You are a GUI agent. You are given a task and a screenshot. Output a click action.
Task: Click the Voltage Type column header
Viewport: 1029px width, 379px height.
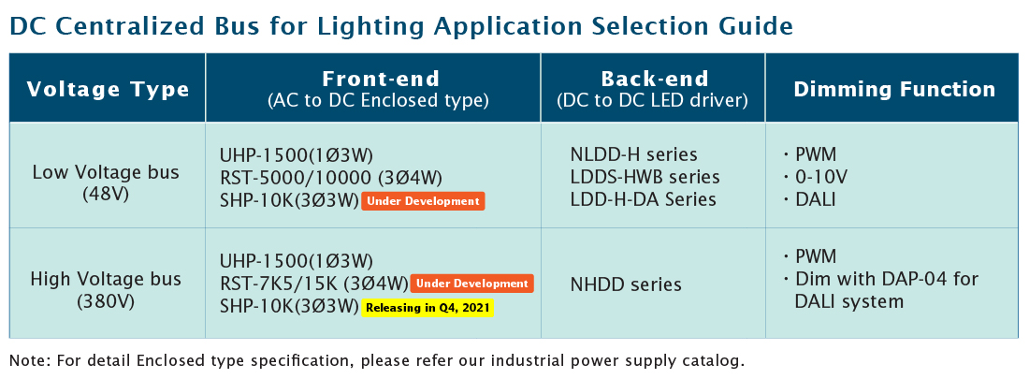108,89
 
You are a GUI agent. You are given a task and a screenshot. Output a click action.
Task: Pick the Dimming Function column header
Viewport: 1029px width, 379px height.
894,89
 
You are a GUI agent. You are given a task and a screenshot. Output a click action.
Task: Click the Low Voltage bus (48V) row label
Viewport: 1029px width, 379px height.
106,183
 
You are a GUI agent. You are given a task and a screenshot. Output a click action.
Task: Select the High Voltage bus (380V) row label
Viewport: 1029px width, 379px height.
106,290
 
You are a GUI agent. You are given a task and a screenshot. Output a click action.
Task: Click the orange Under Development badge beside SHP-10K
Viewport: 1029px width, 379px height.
423,201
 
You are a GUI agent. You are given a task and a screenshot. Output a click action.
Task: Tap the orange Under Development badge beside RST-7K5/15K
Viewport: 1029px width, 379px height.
471,284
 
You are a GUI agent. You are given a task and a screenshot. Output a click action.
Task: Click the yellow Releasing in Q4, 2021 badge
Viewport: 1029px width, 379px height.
428,307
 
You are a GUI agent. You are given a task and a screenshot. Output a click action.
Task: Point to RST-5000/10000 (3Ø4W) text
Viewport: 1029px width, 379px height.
331,178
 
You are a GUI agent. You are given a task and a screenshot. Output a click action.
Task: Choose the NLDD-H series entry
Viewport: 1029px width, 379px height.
634,155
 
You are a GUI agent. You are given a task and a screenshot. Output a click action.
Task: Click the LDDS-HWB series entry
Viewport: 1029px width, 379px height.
645,178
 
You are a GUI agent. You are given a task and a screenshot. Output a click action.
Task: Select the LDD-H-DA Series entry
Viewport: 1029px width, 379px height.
644,199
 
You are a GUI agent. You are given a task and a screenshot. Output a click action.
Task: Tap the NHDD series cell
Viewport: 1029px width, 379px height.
626,284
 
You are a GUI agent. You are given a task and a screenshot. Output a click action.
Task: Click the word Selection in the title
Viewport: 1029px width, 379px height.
656,26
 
